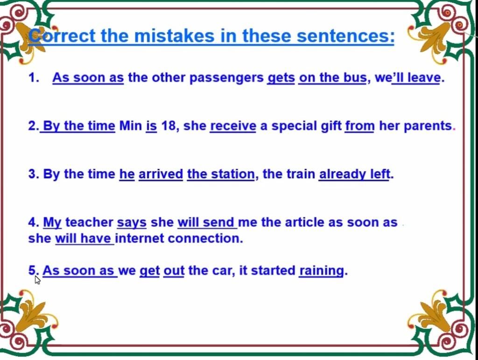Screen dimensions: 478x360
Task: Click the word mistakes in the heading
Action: [175, 36]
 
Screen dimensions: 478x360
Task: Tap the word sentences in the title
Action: [346, 36]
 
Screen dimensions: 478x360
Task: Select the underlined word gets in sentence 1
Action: [281, 78]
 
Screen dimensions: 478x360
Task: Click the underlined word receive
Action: [233, 125]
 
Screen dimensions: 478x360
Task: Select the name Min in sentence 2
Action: [131, 125]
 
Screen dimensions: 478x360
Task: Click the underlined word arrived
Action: [161, 174]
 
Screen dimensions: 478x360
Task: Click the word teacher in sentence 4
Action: [89, 222]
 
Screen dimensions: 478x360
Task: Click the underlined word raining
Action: [322, 271]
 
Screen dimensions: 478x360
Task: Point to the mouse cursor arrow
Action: [37, 280]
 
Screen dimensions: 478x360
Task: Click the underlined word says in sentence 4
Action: [132, 223]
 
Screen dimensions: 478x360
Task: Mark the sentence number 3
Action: [32, 174]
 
